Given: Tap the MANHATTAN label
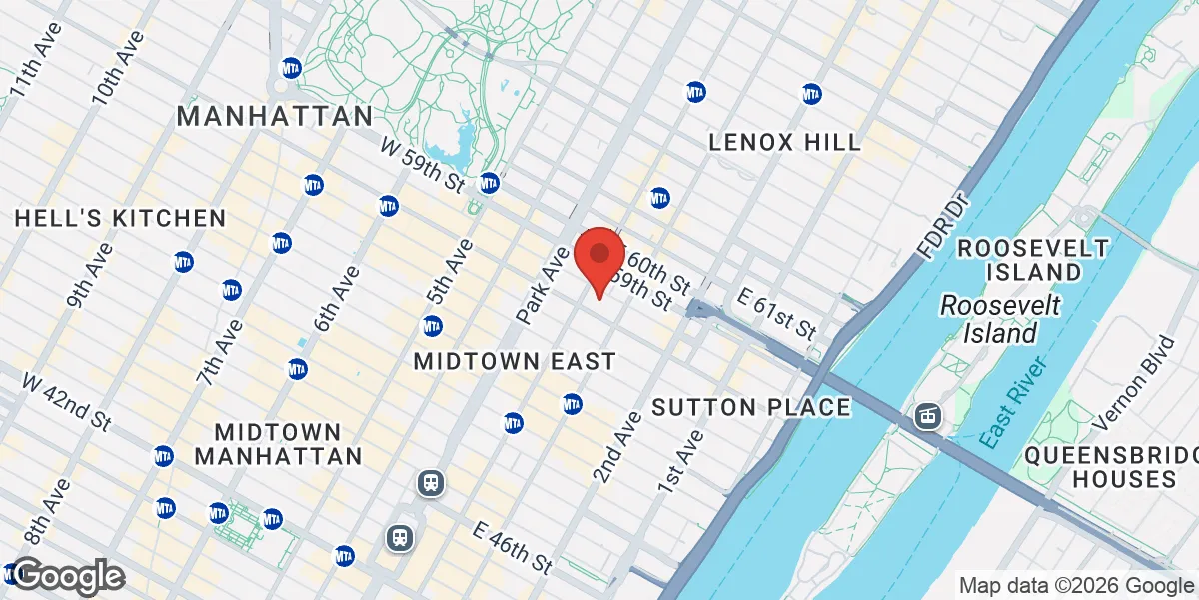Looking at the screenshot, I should tap(274, 116).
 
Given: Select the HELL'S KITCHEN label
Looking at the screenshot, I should tap(120, 218).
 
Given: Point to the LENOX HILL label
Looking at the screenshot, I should tap(784, 142).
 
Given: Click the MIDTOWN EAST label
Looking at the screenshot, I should tap(515, 361).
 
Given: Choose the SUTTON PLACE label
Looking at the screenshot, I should tap(750, 407).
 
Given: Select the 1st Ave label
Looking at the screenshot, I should tap(680, 461).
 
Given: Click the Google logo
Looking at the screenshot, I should tap(68, 576).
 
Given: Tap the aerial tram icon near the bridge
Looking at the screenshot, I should tap(928, 415).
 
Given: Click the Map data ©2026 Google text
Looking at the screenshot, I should tap(1076, 585).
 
